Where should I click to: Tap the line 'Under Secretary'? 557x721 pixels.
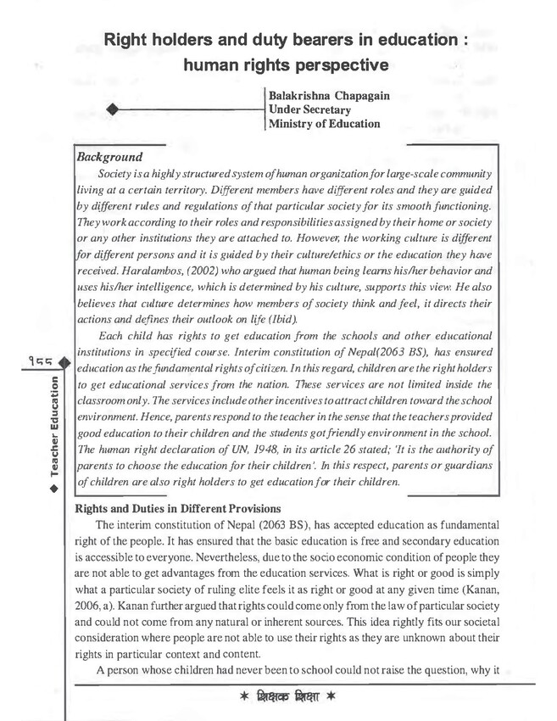(309, 110)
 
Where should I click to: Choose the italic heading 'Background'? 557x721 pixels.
(109, 158)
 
